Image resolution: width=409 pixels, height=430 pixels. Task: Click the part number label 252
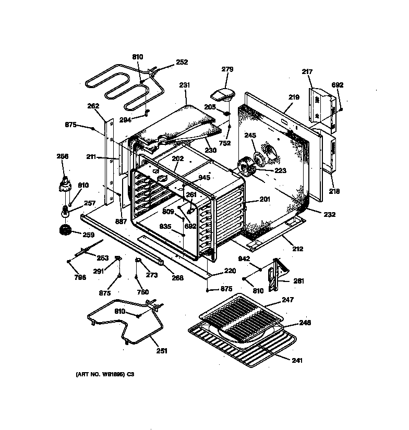(182, 62)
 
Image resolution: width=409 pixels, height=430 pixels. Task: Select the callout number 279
(227, 69)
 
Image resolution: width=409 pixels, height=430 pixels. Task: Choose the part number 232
(329, 214)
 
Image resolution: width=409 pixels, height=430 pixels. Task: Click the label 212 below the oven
(297, 249)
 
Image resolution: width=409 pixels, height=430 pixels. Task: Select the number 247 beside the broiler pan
(287, 300)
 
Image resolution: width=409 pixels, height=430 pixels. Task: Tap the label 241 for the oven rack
(297, 360)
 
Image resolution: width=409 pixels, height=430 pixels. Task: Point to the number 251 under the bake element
(162, 351)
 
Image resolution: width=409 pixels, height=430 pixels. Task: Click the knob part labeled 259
(65, 230)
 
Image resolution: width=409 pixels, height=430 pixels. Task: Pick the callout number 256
(63, 156)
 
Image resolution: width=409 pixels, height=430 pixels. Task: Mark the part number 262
(93, 106)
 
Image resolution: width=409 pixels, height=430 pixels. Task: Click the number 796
(79, 277)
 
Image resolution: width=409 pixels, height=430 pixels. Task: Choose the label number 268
(177, 278)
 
